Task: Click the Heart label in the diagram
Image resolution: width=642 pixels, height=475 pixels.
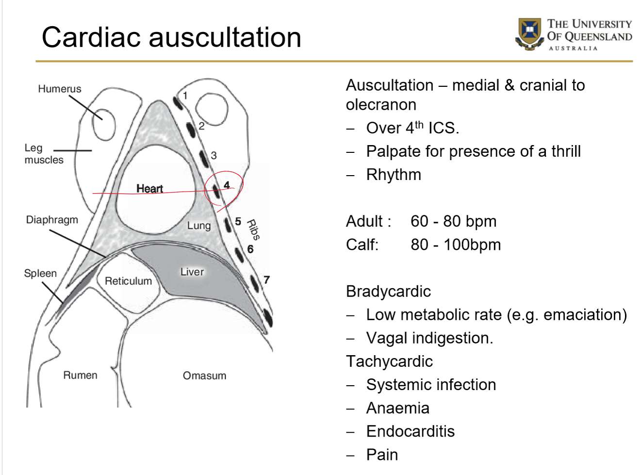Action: (x=149, y=189)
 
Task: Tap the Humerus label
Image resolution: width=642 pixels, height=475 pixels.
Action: (x=60, y=89)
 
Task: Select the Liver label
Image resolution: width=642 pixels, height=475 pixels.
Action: (x=192, y=272)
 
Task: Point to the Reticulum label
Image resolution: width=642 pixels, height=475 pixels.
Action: (x=128, y=281)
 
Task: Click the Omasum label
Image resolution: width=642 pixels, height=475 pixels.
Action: (x=204, y=376)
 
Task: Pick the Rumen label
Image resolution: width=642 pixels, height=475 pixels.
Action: (x=80, y=375)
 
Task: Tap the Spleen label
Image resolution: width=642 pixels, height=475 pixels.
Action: (x=40, y=273)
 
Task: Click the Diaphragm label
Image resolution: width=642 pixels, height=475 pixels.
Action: (x=52, y=220)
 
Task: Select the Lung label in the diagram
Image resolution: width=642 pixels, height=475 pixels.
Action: (x=199, y=226)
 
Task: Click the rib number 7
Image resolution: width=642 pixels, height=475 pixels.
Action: (x=266, y=279)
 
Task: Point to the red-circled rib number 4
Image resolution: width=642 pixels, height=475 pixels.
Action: (x=227, y=185)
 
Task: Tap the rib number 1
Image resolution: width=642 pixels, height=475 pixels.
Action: (x=185, y=96)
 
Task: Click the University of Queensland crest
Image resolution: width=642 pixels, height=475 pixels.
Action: (x=529, y=33)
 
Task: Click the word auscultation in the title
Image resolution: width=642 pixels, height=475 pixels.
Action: (x=225, y=37)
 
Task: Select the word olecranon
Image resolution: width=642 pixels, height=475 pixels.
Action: (x=381, y=105)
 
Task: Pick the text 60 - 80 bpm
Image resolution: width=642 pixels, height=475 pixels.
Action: (x=453, y=221)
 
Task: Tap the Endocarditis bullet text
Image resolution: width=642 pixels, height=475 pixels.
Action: (x=410, y=431)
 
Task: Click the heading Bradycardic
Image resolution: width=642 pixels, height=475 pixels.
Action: (x=388, y=291)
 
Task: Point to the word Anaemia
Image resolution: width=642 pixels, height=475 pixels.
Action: (x=397, y=408)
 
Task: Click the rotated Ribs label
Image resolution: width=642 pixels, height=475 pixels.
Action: (x=253, y=229)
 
